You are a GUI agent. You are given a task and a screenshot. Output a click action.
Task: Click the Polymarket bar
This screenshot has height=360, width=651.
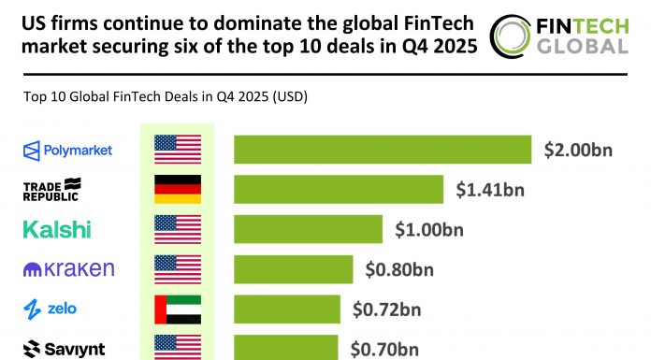tap(383, 150)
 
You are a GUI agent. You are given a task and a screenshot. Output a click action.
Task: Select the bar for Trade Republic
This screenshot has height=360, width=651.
tap(339, 190)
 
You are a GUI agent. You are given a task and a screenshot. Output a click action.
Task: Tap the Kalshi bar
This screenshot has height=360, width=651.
tap(308, 229)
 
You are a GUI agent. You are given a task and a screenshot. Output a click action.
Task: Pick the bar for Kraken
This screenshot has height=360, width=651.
tap(293, 269)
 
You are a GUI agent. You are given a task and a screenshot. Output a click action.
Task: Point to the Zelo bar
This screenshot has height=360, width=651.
tap(287, 309)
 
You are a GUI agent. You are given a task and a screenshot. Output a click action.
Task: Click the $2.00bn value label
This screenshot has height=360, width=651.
tap(578, 150)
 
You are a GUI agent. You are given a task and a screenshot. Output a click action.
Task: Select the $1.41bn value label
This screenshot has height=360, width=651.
tap(490, 190)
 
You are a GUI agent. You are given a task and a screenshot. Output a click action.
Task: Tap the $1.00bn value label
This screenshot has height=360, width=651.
tap(429, 229)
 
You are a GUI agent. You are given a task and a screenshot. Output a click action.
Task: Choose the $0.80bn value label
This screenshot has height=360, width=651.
tap(399, 269)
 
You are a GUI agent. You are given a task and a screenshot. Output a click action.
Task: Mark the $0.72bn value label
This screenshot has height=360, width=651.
tap(385, 309)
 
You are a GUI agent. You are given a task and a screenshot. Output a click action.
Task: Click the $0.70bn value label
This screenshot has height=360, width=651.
tap(383, 349)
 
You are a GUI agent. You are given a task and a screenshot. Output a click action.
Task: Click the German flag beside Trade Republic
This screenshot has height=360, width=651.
tap(177, 190)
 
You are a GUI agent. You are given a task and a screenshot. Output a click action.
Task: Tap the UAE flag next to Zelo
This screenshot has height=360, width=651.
tap(177, 309)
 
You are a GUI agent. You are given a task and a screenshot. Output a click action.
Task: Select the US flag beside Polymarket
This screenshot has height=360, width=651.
tap(177, 150)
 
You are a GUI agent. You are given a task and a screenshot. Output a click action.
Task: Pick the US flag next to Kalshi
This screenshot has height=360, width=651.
tap(177, 229)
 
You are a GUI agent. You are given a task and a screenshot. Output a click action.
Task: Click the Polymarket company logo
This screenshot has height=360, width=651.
tap(67, 150)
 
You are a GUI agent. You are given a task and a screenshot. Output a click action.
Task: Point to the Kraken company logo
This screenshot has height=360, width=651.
tap(68, 269)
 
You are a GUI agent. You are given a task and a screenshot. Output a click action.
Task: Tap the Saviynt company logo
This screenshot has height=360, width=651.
tap(64, 349)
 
